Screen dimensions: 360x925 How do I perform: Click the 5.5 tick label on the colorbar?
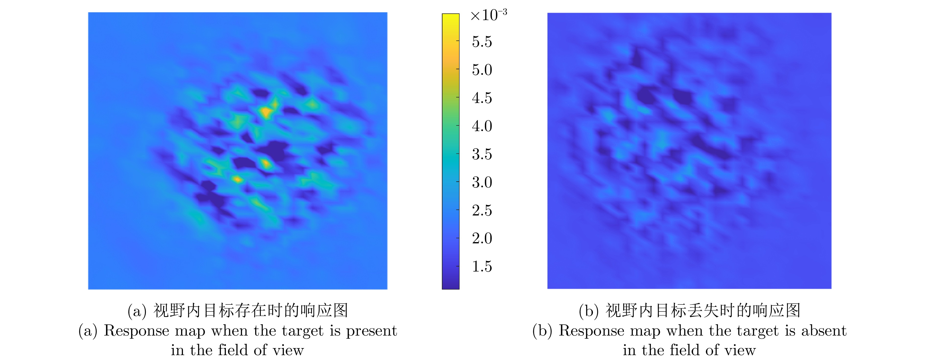482,42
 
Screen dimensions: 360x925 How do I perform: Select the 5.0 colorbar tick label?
482,70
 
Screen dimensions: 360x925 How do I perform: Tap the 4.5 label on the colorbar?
482,98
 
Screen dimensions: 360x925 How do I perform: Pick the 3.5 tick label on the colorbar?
482,154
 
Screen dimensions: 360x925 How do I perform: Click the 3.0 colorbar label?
482,182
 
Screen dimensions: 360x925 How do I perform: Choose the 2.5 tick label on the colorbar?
482,210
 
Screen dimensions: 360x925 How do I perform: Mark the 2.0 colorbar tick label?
482,238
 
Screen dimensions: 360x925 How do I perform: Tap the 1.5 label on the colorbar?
482,267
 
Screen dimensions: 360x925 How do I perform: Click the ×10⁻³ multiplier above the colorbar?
489,15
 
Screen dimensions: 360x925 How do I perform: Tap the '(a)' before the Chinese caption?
137,311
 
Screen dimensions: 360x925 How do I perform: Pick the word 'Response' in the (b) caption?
591,331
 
